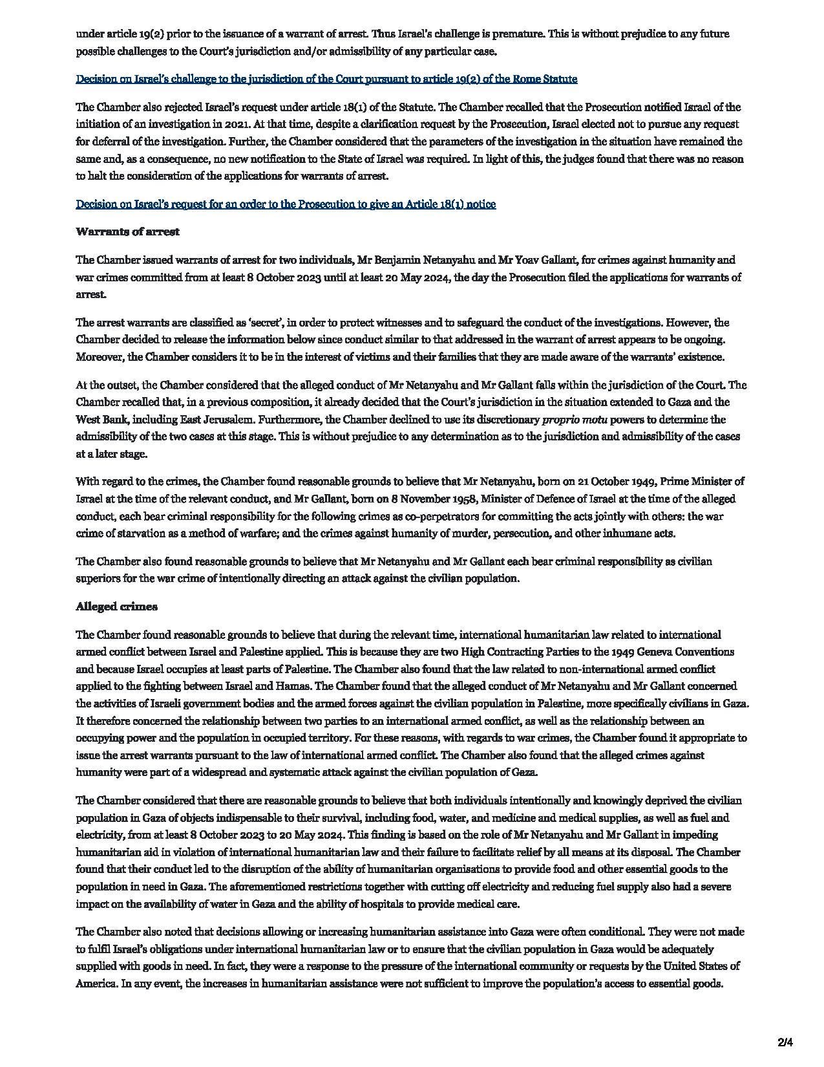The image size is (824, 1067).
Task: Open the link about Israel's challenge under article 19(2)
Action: [326, 79]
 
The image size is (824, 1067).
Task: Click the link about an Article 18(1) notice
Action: [286, 204]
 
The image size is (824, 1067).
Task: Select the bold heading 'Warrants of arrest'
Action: [127, 232]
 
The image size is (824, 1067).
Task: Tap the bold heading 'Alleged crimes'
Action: [116, 607]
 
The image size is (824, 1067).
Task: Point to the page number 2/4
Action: [785, 1042]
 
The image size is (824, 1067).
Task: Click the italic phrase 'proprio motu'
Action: [569, 419]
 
